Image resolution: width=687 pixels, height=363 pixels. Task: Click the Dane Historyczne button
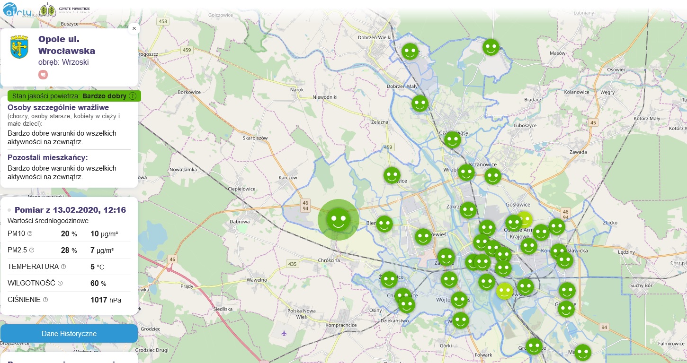click(x=69, y=334)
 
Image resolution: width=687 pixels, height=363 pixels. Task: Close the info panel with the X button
click(x=134, y=28)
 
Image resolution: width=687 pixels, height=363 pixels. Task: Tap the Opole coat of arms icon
click(x=19, y=47)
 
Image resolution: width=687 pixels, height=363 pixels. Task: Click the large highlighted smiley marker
click(x=338, y=219)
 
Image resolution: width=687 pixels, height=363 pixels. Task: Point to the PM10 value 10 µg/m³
click(x=104, y=233)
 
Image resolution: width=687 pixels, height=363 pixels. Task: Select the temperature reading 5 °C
click(x=97, y=267)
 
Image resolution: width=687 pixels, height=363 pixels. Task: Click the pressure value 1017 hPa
click(x=106, y=300)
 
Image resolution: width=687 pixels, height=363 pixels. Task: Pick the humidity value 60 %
click(x=98, y=284)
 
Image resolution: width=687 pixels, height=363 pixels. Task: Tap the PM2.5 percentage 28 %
click(x=69, y=251)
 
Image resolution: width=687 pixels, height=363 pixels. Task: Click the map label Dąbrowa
click(x=239, y=221)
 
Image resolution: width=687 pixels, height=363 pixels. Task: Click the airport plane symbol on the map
click(x=284, y=333)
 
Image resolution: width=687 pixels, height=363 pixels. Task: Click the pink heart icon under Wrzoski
click(x=43, y=74)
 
